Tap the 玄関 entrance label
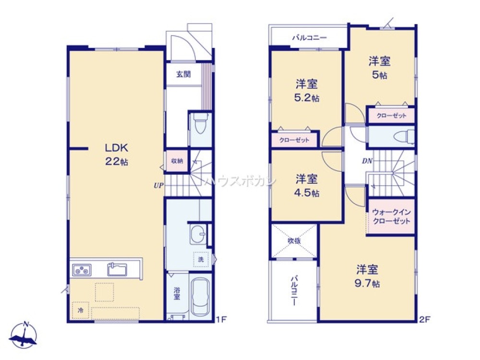183,74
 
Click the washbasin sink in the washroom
197,235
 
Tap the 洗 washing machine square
201,259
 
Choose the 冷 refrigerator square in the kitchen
80,310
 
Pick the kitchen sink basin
117,269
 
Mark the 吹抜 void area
294,241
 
